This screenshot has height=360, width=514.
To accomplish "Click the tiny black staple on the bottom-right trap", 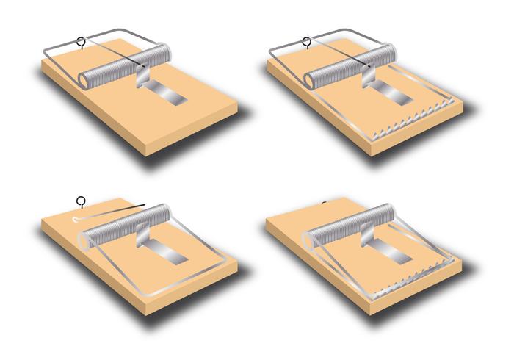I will pyautogui.click(x=325, y=201).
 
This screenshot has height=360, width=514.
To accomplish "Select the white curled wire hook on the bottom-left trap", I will pyautogui.click(x=79, y=217).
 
